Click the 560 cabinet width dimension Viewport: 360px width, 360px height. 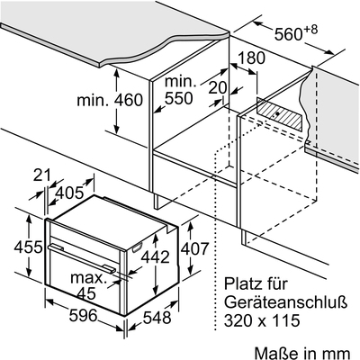coord(296,32)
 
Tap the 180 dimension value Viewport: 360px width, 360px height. coord(251,58)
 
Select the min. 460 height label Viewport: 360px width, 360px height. coord(110,100)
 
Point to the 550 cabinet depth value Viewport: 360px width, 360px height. coord(179,98)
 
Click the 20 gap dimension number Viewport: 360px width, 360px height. coord(218,88)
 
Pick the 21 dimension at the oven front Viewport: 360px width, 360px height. coord(42,175)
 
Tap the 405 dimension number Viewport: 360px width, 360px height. coord(69,193)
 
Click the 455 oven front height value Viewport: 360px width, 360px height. coord(29,247)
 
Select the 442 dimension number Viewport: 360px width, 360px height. coord(156,256)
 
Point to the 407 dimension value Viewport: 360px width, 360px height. coord(193,248)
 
